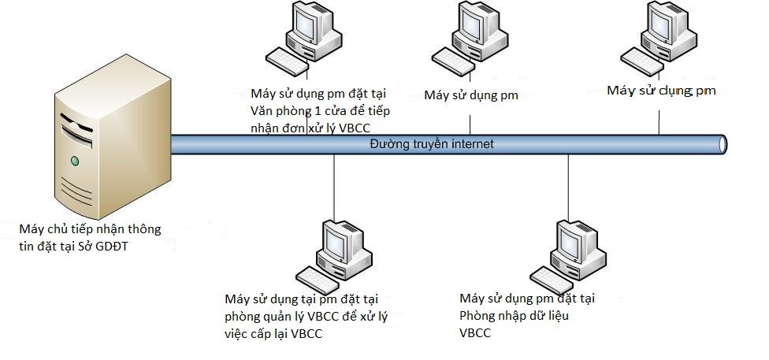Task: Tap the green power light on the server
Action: [x=75, y=161]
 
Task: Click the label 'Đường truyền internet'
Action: [x=433, y=144]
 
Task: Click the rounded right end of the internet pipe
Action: [x=721, y=144]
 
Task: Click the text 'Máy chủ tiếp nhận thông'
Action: [x=90, y=230]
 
